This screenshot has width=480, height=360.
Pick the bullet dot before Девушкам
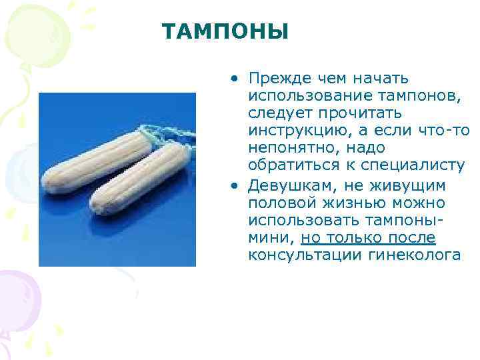[235, 185]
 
